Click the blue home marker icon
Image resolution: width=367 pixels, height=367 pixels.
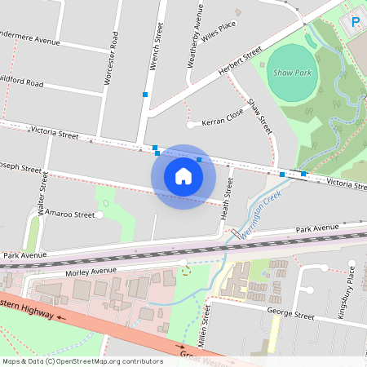(x=183, y=176)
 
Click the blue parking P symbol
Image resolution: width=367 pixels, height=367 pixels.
(x=356, y=22)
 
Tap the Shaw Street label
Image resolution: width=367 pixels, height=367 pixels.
(x=260, y=117)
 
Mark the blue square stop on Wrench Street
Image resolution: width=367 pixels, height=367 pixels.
(x=145, y=95)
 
